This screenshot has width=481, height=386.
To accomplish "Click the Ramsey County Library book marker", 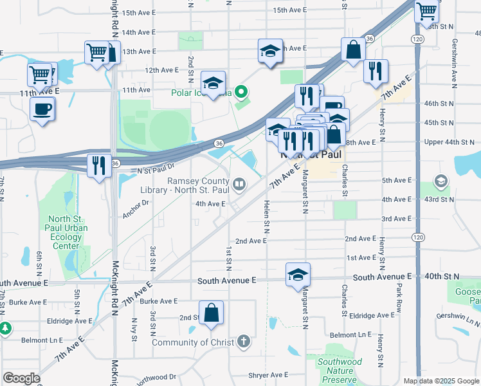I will click(239, 186).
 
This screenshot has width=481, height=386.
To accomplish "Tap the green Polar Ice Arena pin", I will click(242, 92).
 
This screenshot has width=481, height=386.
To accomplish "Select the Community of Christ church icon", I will click(243, 342).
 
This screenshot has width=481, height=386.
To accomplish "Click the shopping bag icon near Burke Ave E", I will click(212, 314).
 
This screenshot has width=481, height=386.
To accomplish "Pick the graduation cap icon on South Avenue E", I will click(298, 275).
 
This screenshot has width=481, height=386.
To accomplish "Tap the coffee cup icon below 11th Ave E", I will click(42, 108).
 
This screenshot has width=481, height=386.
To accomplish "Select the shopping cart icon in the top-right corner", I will click(426, 11).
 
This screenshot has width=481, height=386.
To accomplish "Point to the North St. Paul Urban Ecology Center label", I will click(68, 232).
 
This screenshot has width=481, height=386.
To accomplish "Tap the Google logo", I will click(21, 378).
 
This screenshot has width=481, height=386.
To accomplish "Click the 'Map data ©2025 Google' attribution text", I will click(440, 381).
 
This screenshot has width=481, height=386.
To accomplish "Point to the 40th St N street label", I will click(443, 276).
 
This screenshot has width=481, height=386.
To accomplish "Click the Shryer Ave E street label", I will click(269, 375).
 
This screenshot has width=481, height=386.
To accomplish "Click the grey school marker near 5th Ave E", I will click(441, 181).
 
